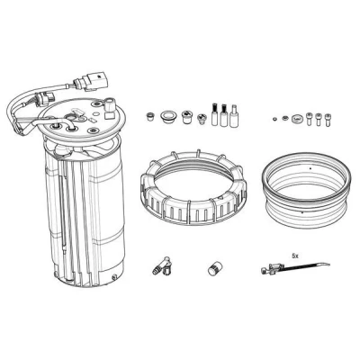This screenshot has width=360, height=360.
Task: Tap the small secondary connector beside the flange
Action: point(45,98)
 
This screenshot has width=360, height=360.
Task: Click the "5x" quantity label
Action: point(295,256)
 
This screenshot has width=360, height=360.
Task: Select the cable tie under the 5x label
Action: point(294,267)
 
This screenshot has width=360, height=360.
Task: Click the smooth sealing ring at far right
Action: point(307,190)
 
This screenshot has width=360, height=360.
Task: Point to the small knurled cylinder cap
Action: point(214,268)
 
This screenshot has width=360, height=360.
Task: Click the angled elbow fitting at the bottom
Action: point(162,266)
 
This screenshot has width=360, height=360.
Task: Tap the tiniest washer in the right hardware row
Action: point(274,119)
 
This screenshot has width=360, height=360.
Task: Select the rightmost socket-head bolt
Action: point(328,119)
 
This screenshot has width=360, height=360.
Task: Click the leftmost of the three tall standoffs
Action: point(214,114)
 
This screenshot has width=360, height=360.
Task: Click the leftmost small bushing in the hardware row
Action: point(149,116)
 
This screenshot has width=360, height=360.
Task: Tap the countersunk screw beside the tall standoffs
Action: point(202,119)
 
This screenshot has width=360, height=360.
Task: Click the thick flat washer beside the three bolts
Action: point(297,118)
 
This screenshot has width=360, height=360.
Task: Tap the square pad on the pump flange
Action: point(108,114)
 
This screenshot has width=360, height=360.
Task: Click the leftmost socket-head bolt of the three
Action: point(310,119)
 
